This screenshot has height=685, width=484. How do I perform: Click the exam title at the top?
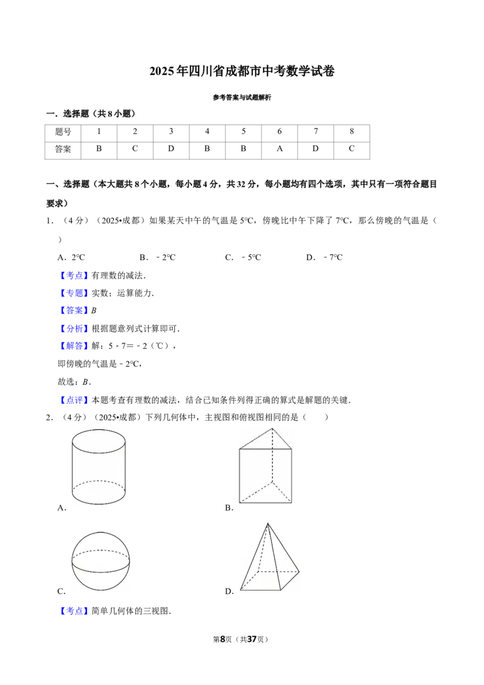pos(242,71)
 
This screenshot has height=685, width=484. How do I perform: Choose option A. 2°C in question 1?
pos(71,257)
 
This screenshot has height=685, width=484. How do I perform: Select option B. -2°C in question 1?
pos(157,257)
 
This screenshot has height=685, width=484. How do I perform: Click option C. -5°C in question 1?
pos(243,257)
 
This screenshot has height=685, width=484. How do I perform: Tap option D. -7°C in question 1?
pos(324,257)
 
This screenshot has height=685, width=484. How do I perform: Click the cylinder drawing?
pos(99,467)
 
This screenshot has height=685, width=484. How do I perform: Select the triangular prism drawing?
pos(265,466)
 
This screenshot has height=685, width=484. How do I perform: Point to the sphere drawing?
pos(100,562)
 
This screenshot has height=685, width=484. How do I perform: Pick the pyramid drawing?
pos(269,557)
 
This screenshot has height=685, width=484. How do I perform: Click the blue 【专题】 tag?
pos(74,293)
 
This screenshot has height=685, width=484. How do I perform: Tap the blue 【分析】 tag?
pos(74,329)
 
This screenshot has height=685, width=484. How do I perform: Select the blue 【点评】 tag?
pos(74,400)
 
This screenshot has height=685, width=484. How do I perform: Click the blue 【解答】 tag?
pos(74,346)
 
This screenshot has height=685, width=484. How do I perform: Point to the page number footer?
pos(241,639)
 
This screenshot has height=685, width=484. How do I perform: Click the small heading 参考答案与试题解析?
pos(242,97)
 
